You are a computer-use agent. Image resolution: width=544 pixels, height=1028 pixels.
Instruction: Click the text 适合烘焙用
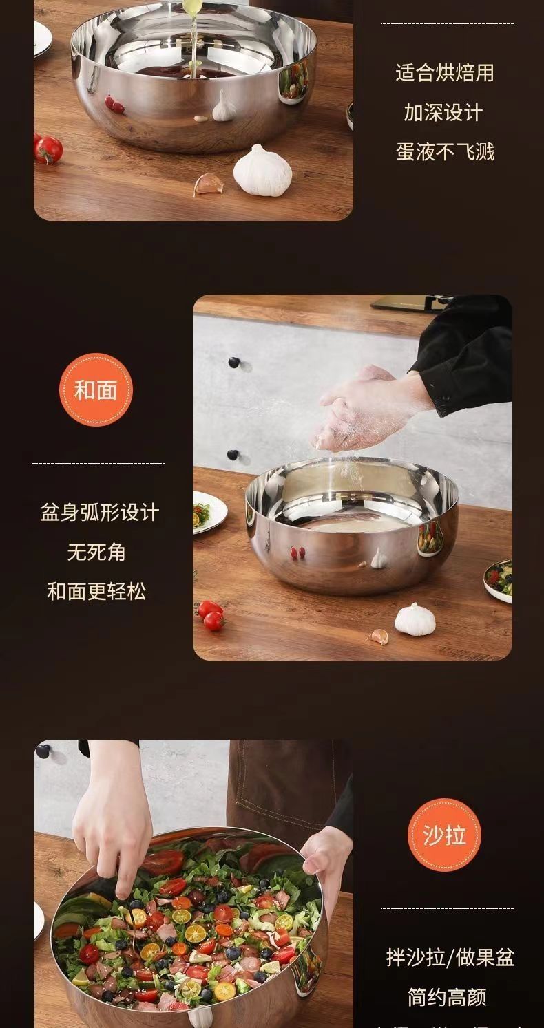445,73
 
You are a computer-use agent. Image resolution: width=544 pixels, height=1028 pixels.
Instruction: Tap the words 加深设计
445,112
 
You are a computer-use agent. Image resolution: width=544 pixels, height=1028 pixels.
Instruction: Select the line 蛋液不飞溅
445,151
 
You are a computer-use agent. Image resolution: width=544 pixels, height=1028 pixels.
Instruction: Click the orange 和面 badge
96,390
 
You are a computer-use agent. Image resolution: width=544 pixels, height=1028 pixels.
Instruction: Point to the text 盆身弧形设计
99,513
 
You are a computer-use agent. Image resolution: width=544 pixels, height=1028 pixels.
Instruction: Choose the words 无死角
96,552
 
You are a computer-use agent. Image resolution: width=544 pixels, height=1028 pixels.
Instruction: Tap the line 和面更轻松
96,591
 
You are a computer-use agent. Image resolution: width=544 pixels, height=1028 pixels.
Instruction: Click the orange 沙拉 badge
445,835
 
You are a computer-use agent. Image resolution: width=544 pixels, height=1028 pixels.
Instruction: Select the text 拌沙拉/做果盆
450,957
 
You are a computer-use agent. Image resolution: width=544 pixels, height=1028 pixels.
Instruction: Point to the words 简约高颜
447,996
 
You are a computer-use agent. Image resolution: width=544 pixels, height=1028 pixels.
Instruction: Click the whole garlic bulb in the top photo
262,170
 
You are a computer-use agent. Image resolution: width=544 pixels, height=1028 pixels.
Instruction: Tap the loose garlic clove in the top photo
207,184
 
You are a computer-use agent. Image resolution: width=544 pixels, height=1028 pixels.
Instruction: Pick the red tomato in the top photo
49,149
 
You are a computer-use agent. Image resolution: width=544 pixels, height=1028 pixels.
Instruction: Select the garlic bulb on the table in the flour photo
415,618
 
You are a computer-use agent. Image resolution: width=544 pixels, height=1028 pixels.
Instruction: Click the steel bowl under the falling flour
351,526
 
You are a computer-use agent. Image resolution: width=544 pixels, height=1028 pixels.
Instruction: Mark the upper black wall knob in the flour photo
234,363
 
